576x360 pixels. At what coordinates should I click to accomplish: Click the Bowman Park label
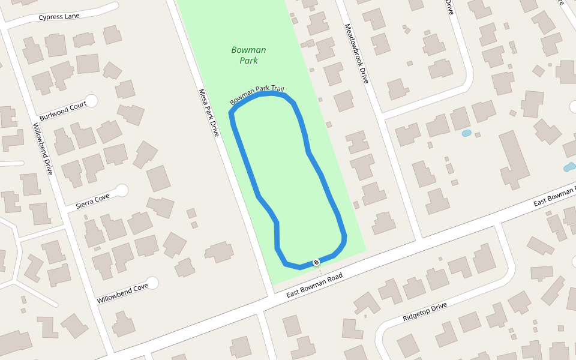[248, 55]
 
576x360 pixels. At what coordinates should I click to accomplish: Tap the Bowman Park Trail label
[257, 95]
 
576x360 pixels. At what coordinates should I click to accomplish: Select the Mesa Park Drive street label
[209, 113]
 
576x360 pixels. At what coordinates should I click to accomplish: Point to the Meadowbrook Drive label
[355, 53]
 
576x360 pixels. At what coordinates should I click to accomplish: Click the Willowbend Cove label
[122, 292]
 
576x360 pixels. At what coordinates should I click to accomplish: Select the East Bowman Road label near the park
[314, 286]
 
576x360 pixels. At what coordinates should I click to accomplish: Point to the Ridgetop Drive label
[425, 311]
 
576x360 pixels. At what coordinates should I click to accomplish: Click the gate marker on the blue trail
[316, 262]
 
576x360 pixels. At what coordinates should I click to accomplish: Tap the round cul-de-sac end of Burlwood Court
[92, 101]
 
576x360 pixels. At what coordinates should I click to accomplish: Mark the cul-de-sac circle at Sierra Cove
[122, 191]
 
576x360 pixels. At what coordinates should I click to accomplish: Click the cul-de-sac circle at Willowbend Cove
[152, 283]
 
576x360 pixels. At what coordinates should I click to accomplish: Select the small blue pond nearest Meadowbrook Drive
[466, 133]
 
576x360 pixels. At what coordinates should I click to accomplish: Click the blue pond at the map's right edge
[569, 167]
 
